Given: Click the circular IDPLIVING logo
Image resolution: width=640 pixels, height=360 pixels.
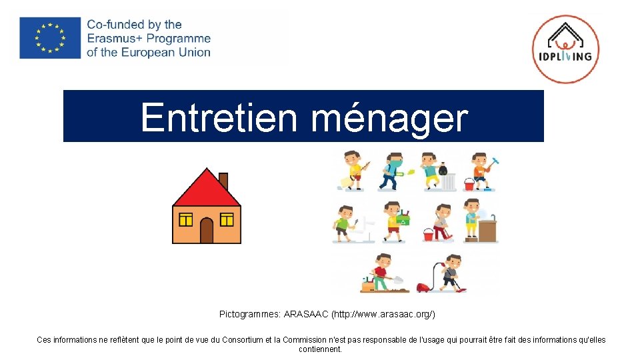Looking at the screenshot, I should [x=565, y=49].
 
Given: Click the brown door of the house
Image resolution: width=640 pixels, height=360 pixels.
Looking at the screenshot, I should [x=207, y=231].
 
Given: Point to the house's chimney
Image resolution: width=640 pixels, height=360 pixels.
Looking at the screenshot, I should [x=223, y=180].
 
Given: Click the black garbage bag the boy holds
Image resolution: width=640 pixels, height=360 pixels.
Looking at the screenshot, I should [x=443, y=171].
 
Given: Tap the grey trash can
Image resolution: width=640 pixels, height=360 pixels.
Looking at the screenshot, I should [x=450, y=182].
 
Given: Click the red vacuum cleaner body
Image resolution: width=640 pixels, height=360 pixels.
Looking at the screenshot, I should [x=423, y=287].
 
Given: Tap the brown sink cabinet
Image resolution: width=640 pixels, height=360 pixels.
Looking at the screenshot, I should [x=488, y=231].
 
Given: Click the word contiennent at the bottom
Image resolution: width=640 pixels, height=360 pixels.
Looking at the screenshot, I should [x=321, y=349].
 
